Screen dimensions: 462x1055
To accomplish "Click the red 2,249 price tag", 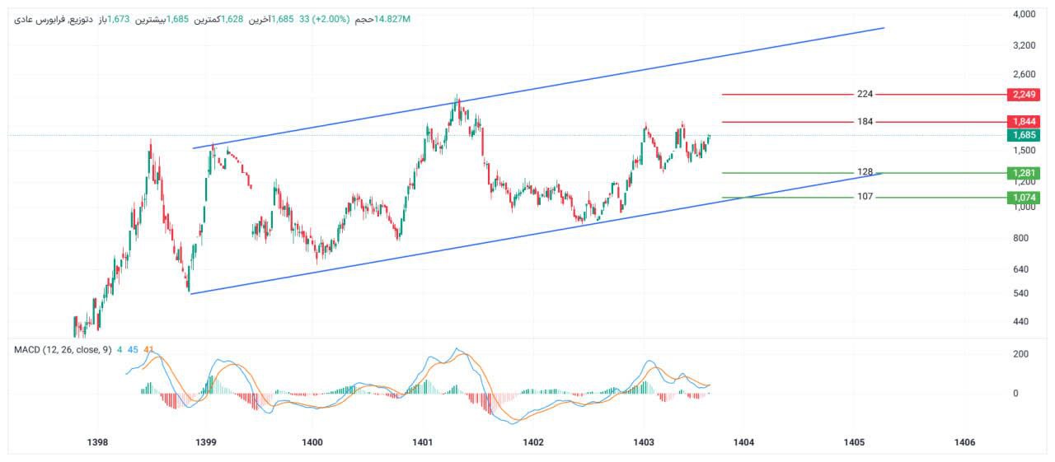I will pyautogui.click(x=1023, y=95).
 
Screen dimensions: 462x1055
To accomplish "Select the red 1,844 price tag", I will pyautogui.click(x=1023, y=122).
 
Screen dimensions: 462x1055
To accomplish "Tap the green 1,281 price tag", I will pyautogui.click(x=1023, y=173).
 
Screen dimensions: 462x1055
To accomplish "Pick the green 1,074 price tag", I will pyautogui.click(x=1023, y=198).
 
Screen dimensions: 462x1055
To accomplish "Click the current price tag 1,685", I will pyautogui.click(x=1023, y=135).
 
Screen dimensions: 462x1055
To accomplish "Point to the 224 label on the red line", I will pyautogui.click(x=865, y=94).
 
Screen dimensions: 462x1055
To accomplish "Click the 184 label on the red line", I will pyautogui.click(x=865, y=122).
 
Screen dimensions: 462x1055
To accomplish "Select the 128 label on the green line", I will pyautogui.click(x=865, y=172).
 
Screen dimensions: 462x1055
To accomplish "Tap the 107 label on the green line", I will pyautogui.click(x=865, y=197).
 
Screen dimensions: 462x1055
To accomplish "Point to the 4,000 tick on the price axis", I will pyautogui.click(x=1024, y=14).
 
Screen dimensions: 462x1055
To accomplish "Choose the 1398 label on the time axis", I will pyautogui.click(x=97, y=443).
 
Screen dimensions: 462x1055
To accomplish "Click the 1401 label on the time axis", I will pyautogui.click(x=423, y=443).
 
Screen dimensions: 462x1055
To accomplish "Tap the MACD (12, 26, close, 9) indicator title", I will pyautogui.click(x=63, y=350).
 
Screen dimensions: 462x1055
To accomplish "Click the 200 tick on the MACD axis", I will pyautogui.click(x=1020, y=354).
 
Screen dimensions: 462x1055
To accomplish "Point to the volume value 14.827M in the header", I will pyautogui.click(x=392, y=19).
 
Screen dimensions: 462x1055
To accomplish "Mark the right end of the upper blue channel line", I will pyautogui.click(x=884, y=28).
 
